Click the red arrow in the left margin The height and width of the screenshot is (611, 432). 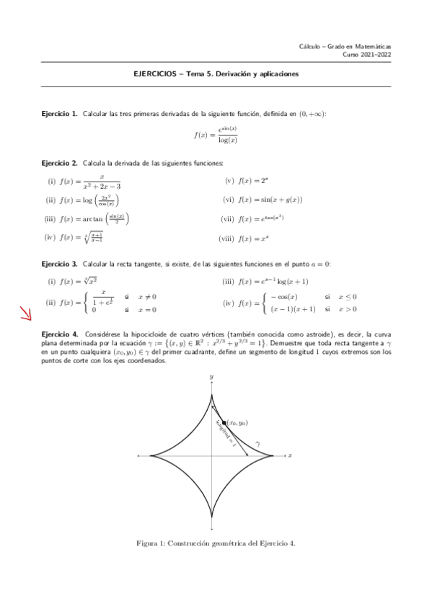pyautogui.click(x=25, y=313)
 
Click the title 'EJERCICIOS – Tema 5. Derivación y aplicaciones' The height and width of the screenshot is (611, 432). pyautogui.click(x=216, y=73)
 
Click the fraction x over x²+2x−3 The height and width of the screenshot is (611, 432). pyautogui.click(x=102, y=181)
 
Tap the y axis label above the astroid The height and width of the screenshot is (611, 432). pyautogui.click(x=211, y=377)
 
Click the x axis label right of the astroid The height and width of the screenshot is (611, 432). pyautogui.click(x=289, y=455)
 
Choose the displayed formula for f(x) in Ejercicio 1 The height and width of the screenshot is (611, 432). pyautogui.click(x=216, y=134)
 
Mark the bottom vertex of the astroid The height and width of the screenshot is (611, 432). pyautogui.click(x=211, y=517)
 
